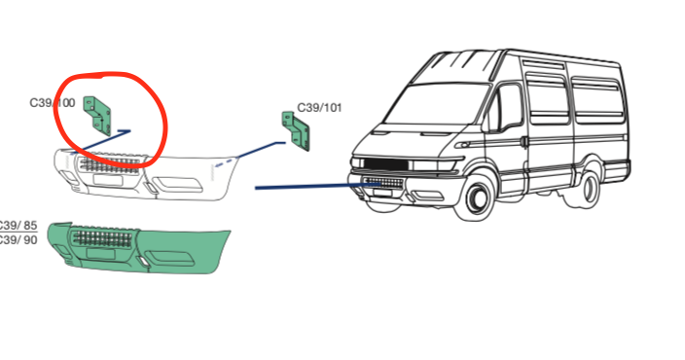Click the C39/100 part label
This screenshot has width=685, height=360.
click(52, 102)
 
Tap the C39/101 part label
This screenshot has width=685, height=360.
click(318, 108)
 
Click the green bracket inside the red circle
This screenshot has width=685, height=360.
click(97, 113)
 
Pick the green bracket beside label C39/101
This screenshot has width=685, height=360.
click(294, 131)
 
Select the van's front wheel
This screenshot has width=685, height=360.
click(477, 198)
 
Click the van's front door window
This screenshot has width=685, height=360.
click(509, 107)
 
